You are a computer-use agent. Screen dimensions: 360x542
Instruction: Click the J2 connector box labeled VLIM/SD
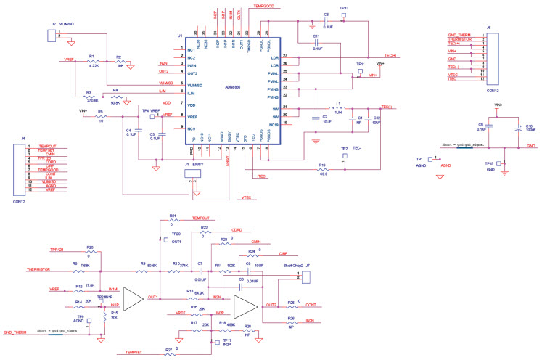[x=50, y=36]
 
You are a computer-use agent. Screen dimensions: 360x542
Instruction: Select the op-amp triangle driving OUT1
[x=133, y=298]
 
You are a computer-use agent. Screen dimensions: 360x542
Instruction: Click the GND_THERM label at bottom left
[x=18, y=332]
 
